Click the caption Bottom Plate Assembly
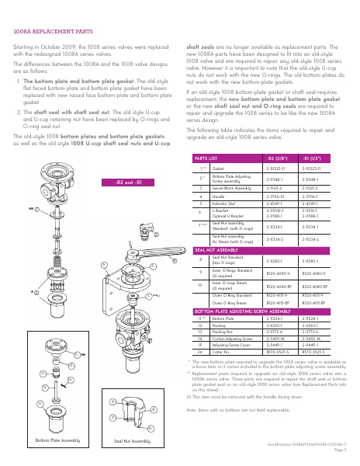pyautogui.click(x=58, y=440)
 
